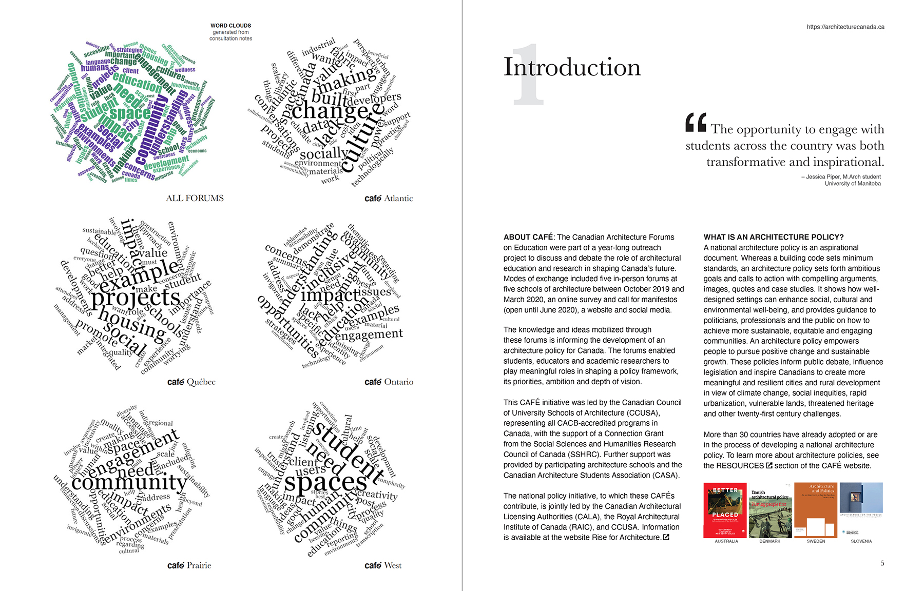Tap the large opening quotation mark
point(696,123)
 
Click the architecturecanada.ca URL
point(845,27)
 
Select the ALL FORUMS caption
point(195,198)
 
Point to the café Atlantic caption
point(389,199)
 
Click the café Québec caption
point(191,382)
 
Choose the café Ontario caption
point(389,382)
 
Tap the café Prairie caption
point(189,565)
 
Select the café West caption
point(383,565)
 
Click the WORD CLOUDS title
point(230,26)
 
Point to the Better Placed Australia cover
point(725,510)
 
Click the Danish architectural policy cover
point(770,510)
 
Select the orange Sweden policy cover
point(816,510)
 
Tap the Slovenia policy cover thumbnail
point(861,508)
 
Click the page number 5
point(882,563)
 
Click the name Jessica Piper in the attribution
point(823,177)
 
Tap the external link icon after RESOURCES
point(769,466)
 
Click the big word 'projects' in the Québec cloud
point(136,298)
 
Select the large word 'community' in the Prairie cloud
point(129,482)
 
